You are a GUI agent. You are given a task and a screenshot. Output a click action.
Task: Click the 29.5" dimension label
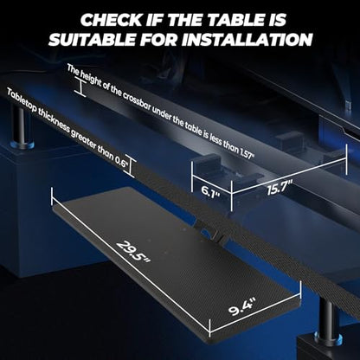click(x=133, y=252)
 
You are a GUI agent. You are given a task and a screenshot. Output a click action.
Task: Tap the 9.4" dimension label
click(x=242, y=307)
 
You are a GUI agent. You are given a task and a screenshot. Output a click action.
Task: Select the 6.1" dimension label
click(x=209, y=190)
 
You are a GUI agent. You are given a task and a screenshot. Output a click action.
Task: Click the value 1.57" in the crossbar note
click(x=247, y=152)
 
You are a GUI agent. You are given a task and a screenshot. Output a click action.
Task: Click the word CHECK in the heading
click(x=112, y=20)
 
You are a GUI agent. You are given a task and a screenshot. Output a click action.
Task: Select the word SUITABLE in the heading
click(x=92, y=40)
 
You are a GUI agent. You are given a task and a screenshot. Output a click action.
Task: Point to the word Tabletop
click(x=22, y=101)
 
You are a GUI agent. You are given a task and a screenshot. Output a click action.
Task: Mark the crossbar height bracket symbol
click(x=80, y=87)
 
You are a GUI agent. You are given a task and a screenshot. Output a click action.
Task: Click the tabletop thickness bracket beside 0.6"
click(x=132, y=168)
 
